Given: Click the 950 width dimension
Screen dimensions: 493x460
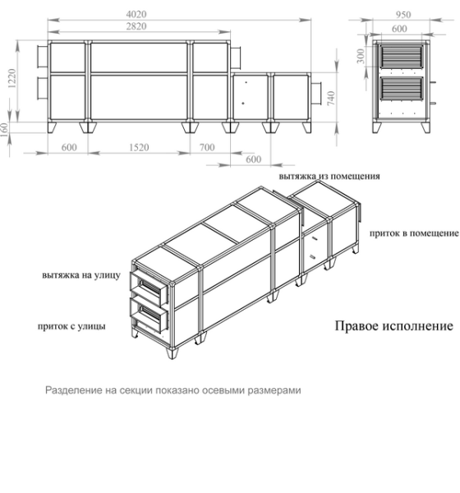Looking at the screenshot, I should point(402,13).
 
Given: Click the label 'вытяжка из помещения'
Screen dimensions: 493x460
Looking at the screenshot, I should point(329,176).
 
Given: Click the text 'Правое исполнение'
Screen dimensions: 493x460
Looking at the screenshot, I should point(393,325).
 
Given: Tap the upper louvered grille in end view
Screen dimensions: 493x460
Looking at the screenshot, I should point(402,60).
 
